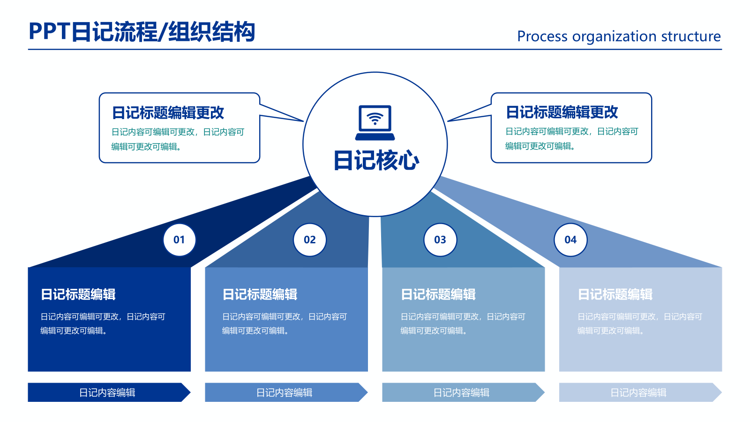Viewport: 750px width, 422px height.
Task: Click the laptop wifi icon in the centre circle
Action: click(x=375, y=122)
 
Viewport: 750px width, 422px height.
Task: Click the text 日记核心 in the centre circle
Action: click(x=375, y=160)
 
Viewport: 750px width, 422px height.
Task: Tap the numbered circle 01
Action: click(x=179, y=240)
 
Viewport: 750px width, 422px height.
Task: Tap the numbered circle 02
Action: click(x=309, y=240)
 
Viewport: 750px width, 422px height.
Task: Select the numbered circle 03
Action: click(x=440, y=240)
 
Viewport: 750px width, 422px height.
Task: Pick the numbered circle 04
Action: click(x=570, y=240)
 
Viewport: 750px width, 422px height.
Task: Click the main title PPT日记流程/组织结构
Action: click(x=142, y=32)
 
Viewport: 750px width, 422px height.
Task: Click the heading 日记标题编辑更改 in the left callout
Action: click(x=168, y=113)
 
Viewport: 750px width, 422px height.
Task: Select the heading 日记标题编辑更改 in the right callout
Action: click(x=562, y=112)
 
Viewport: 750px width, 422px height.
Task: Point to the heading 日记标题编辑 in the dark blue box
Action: click(x=78, y=294)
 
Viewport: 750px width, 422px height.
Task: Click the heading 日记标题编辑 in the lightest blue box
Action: click(x=615, y=294)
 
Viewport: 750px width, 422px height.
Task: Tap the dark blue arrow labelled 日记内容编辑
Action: click(x=108, y=392)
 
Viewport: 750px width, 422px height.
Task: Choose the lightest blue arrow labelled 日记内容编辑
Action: click(x=638, y=392)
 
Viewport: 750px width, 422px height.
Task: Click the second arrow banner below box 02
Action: click(x=285, y=392)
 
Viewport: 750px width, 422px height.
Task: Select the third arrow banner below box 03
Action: click(x=462, y=392)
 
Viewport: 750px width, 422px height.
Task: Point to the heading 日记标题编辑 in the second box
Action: click(x=260, y=294)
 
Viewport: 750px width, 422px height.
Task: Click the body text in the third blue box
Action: click(x=462, y=324)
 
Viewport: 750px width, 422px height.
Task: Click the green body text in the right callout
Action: click(x=571, y=139)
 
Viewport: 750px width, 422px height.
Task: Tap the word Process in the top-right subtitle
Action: click(x=542, y=37)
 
